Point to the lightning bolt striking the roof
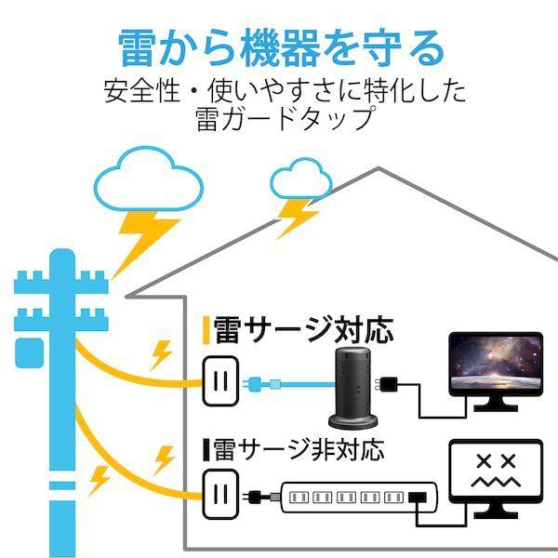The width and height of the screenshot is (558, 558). click(x=297, y=218)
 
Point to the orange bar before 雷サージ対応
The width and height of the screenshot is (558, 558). click(x=206, y=329)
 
